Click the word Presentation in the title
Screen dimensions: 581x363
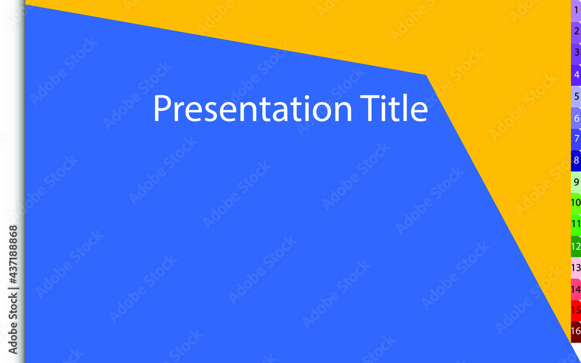pos(252,108)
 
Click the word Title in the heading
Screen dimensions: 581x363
pos(394,108)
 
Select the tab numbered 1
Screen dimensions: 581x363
pos(576,10)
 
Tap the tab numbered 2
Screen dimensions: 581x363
pos(576,32)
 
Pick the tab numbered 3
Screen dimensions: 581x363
pos(576,53)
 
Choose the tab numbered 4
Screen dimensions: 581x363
pos(576,75)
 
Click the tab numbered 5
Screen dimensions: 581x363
pos(576,96)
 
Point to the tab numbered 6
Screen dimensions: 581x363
pos(576,118)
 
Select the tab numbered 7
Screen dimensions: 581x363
pos(576,139)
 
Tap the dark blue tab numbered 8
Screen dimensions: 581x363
pos(576,161)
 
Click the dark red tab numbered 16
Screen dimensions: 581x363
pos(576,332)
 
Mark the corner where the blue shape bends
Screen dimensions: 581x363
pos(426,75)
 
